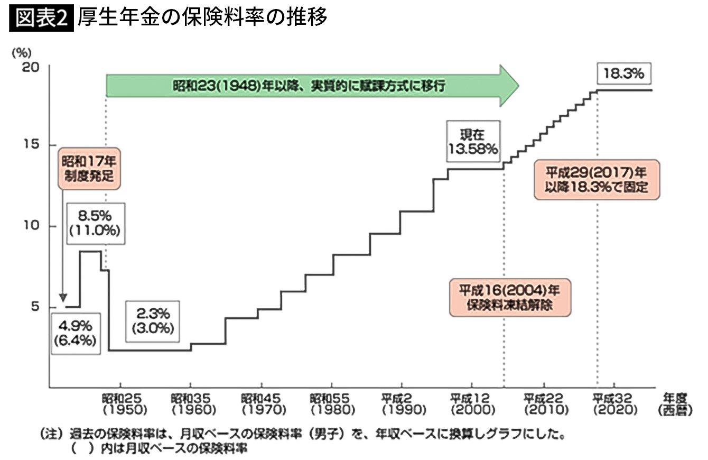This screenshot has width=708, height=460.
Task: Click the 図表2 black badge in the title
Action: point(41,19)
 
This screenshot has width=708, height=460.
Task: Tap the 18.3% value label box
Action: point(624,74)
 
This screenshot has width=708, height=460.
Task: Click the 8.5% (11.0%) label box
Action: point(96,223)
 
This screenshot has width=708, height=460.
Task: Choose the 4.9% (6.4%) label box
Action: point(76,334)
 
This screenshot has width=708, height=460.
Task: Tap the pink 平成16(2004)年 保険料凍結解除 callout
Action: point(510,298)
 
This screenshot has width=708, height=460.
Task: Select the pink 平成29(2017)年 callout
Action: point(597,179)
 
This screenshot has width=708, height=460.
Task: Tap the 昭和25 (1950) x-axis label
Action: point(121,403)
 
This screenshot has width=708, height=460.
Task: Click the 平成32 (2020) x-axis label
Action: point(614,403)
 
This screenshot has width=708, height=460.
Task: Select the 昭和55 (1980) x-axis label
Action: point(332,403)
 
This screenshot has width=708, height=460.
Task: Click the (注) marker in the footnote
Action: point(52,436)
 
